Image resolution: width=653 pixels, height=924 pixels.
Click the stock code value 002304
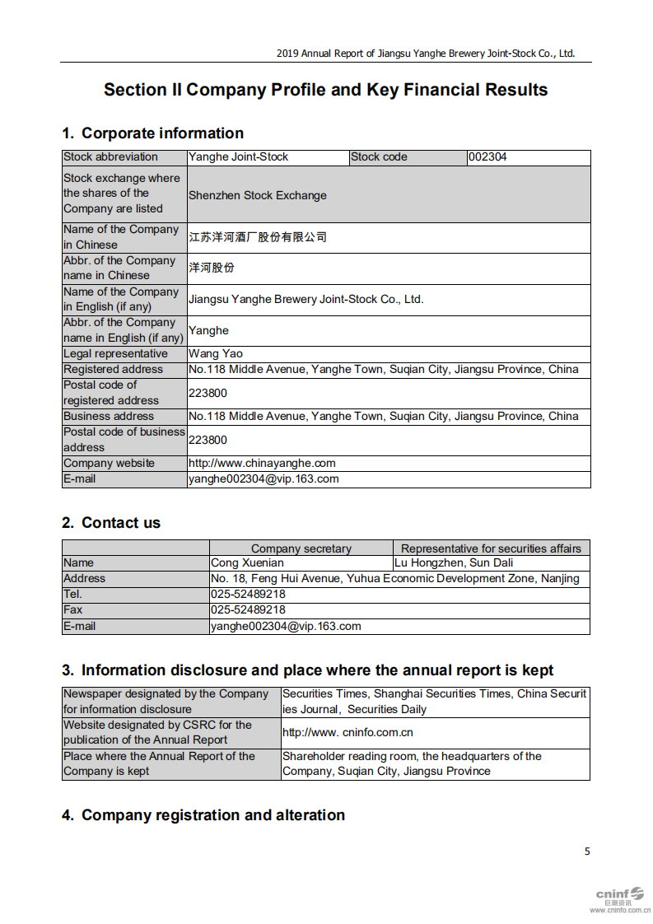(x=487, y=157)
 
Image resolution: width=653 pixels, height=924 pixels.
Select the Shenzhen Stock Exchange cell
(x=258, y=195)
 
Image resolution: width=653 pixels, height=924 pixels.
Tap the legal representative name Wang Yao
(x=216, y=354)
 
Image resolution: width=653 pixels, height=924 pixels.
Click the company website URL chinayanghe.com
(x=262, y=463)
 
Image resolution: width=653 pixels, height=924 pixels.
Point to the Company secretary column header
(x=301, y=548)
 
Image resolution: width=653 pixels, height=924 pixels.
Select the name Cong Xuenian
(x=248, y=563)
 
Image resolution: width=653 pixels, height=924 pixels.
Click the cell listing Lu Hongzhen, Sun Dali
(x=454, y=563)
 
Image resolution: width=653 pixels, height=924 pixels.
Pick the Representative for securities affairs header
(x=491, y=548)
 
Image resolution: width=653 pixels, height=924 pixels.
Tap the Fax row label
(x=73, y=610)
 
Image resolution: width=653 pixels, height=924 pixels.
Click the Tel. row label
(x=73, y=595)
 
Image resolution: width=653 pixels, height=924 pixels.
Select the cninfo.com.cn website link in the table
(x=347, y=732)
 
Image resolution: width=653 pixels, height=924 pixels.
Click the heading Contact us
(x=111, y=523)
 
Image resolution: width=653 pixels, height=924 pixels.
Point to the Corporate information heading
(x=153, y=133)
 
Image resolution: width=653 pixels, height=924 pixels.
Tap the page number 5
(x=587, y=852)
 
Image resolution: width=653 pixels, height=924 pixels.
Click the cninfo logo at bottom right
(x=620, y=894)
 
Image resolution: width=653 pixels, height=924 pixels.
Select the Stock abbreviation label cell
(x=110, y=157)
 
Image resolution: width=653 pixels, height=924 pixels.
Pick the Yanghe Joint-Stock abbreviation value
(x=239, y=157)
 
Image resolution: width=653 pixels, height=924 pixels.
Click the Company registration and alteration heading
(x=203, y=815)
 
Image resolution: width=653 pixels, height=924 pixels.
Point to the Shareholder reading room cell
(x=412, y=763)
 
